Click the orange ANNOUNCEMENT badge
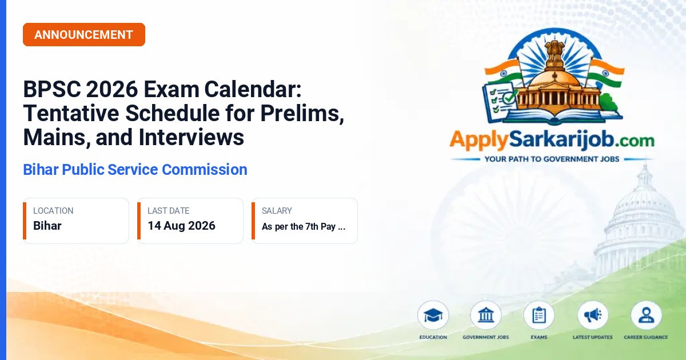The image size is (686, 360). (84, 35)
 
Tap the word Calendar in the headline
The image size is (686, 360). (253, 89)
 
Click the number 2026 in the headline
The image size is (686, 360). (112, 89)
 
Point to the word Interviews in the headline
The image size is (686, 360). (192, 138)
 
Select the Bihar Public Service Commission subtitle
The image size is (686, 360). (135, 170)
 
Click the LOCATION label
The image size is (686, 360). (53, 211)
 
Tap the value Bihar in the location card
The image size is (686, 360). (47, 226)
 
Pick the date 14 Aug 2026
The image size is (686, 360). (182, 226)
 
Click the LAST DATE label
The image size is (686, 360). (169, 211)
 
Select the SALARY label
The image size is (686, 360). (277, 211)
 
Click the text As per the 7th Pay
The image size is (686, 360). (298, 226)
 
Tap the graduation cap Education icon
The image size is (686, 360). (433, 315)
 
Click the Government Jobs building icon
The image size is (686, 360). (486, 315)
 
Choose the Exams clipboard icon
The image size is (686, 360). (539, 315)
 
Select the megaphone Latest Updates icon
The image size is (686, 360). (593, 315)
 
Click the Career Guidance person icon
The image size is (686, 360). (646, 315)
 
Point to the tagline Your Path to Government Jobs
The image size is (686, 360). (552, 159)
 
